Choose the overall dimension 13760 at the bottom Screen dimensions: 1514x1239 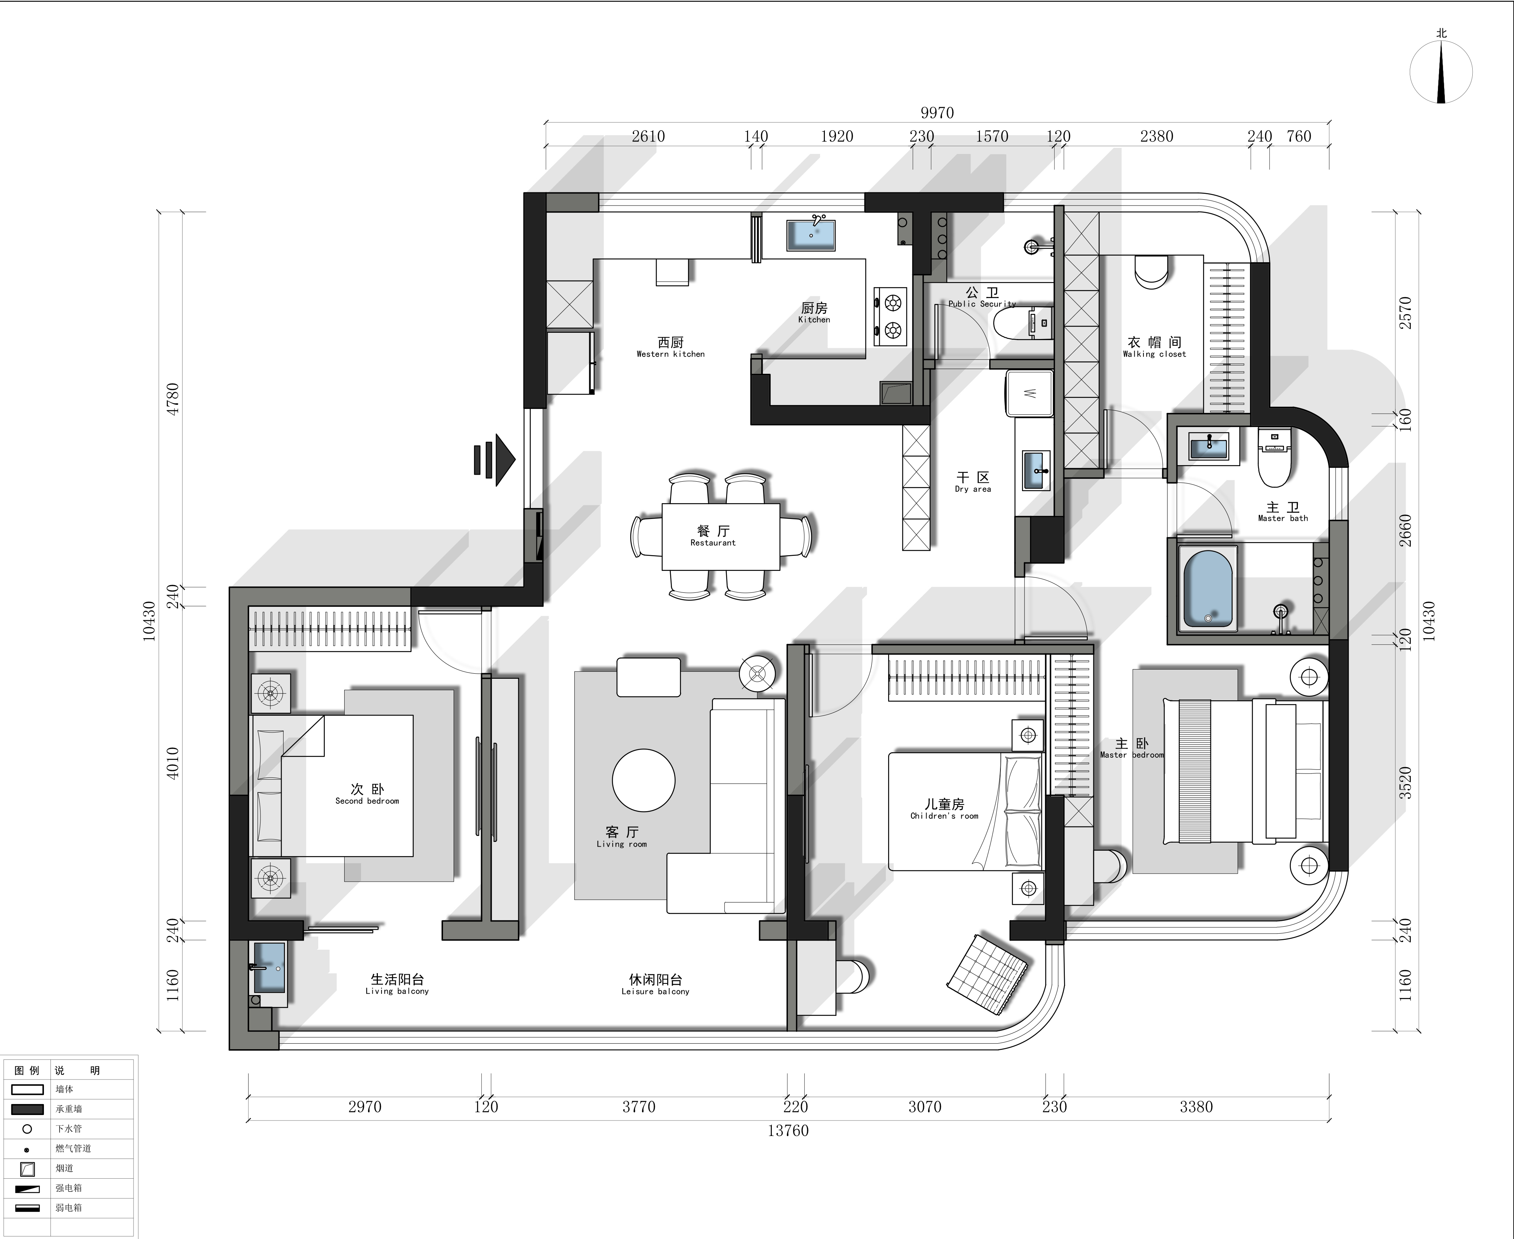788,1130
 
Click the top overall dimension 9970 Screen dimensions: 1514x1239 937,113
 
